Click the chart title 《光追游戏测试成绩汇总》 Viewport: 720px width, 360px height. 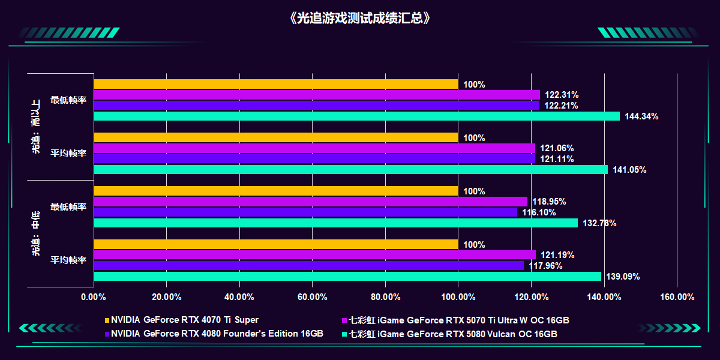(359, 18)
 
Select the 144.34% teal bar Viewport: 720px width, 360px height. (356, 116)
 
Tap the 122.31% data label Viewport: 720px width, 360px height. (562, 95)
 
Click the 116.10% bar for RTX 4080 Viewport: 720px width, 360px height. (305, 212)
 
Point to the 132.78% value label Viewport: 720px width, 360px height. (599, 223)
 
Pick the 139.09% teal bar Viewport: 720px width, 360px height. (347, 277)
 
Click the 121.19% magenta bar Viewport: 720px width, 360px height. (314, 255)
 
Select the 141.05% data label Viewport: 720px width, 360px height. (629, 170)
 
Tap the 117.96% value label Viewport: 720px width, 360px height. (545, 266)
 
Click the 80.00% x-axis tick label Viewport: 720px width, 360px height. (385, 297)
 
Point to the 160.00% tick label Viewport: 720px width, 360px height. (677, 297)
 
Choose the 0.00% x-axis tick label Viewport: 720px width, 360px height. (94, 297)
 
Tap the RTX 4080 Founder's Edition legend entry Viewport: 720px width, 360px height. (217, 334)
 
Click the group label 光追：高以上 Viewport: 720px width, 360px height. (36, 127)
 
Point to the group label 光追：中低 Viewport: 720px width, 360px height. (36, 233)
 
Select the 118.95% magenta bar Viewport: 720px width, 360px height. (311, 202)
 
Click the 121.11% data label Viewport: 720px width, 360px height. (557, 159)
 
